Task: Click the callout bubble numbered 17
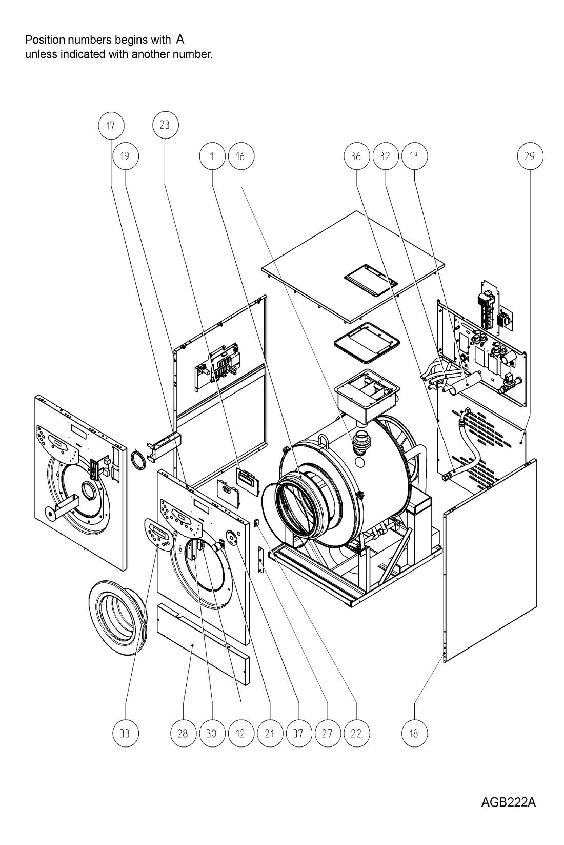[110, 126]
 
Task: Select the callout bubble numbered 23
[165, 125]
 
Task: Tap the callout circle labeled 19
[125, 156]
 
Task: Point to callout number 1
[212, 156]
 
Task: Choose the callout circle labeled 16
[241, 156]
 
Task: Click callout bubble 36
[357, 156]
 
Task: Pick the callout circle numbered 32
[385, 156]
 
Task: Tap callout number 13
[414, 156]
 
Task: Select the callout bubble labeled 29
[530, 156]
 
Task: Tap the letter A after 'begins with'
[180, 39]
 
